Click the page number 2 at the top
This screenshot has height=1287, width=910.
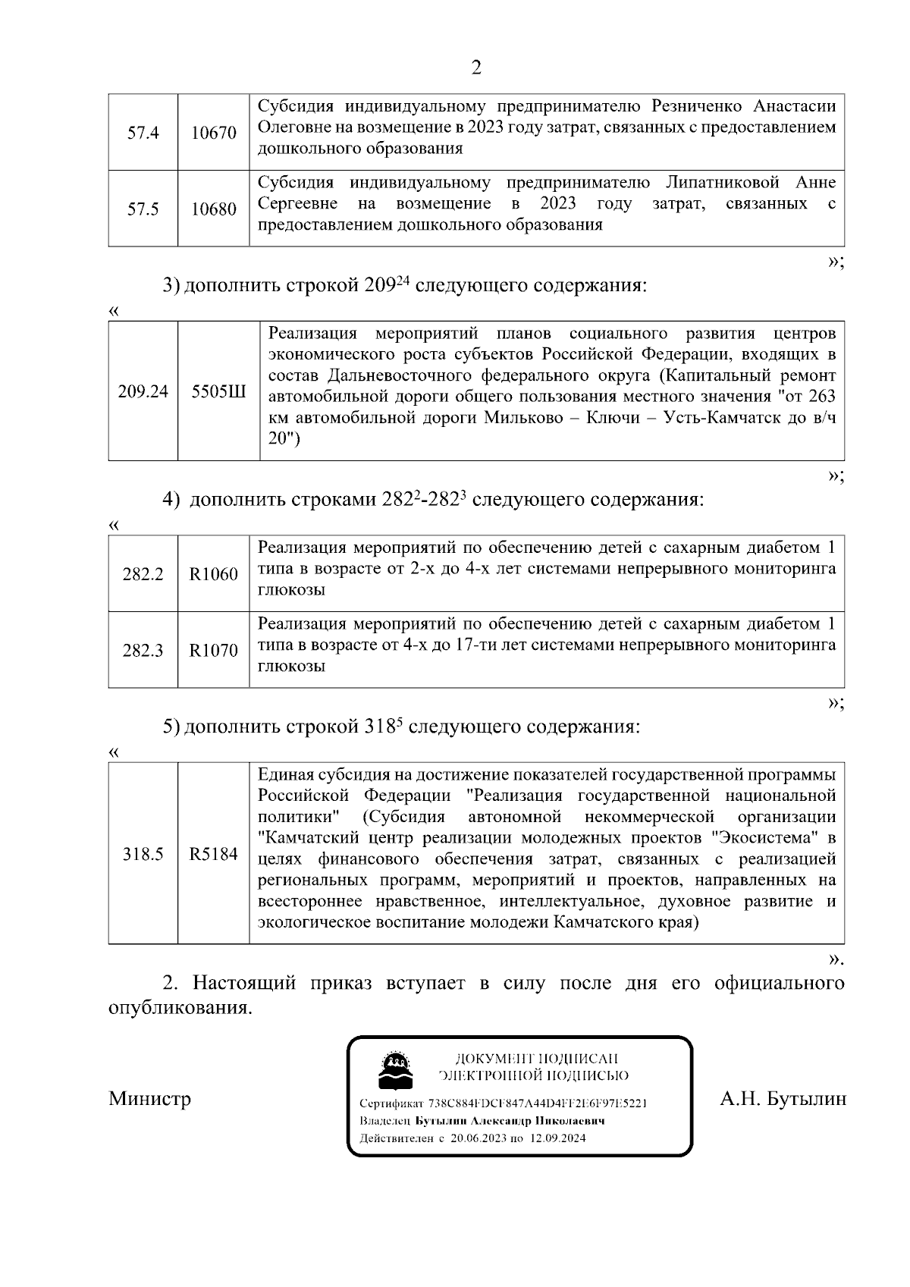point(476,68)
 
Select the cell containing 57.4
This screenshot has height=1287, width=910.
point(143,133)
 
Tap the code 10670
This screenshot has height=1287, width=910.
point(213,133)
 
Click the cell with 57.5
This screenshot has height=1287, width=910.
point(143,209)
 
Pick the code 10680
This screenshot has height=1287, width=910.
point(213,209)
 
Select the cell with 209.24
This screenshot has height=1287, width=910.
point(143,391)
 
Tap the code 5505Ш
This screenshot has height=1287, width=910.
point(218,391)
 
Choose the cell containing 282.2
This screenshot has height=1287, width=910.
point(143,574)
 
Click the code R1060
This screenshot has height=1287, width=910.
point(213,574)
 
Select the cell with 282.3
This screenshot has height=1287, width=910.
point(143,651)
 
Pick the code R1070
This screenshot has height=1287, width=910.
point(213,651)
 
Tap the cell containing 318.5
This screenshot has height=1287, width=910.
point(143,854)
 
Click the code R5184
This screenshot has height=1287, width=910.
point(213,854)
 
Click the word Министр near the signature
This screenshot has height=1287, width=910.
point(149,1098)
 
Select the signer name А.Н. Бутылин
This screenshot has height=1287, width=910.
point(783,1098)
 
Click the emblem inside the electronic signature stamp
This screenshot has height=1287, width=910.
point(395,1071)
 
